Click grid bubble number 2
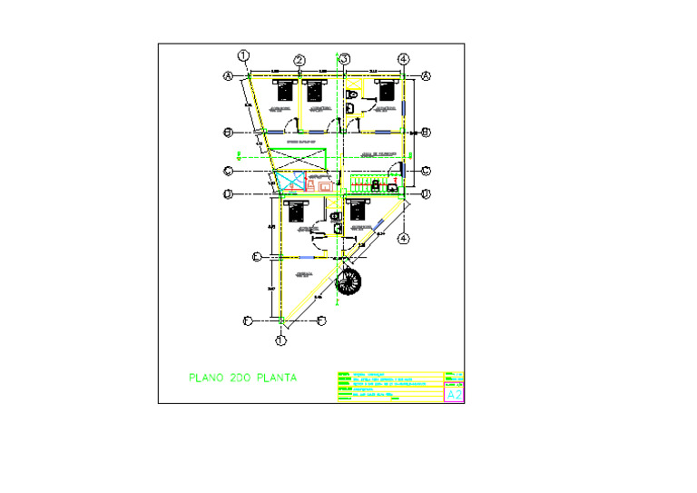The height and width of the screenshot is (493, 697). (299, 61)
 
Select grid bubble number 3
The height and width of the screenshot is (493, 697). (345, 60)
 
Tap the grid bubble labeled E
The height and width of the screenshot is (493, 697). (257, 258)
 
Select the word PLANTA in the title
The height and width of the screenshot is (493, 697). (278, 377)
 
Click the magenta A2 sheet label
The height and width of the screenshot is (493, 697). (455, 394)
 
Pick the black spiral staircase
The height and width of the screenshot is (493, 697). (349, 281)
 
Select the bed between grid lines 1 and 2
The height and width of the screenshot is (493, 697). (286, 90)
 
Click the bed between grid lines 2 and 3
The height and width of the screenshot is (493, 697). (315, 90)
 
